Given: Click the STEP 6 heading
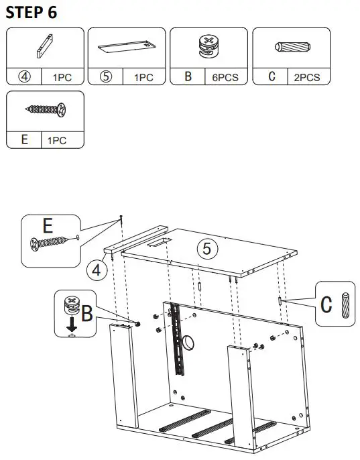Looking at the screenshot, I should coord(31,12).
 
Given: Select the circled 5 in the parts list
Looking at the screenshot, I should coord(106,77).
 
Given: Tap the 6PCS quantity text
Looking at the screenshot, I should coord(225,78).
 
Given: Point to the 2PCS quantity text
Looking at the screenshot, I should coord(307,78).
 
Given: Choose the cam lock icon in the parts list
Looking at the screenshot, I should coord(208,46).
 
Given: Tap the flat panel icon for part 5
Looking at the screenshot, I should coord(126,48).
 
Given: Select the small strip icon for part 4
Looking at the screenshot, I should coord(44,48).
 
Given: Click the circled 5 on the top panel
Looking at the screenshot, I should coord(206,249).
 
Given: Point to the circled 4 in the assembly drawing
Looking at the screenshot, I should coord(97,270).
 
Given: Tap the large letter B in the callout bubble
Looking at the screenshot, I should coord(86,313).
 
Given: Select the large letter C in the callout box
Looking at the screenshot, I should coord(326,304).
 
